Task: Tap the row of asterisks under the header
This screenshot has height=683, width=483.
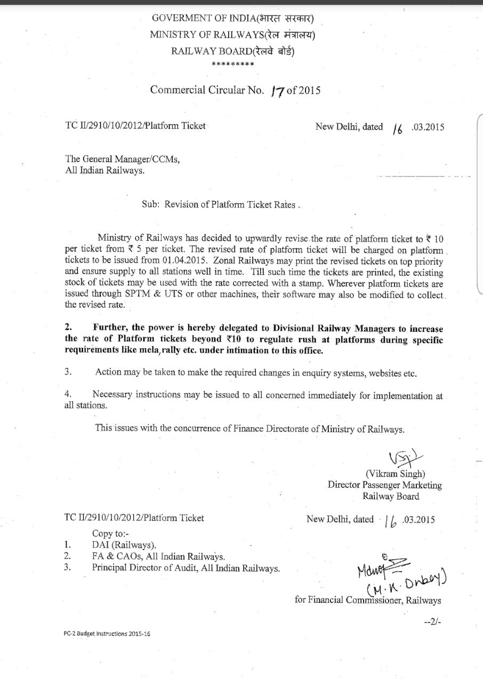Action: click(232, 65)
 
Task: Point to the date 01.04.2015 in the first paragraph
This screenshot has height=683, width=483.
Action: click(182, 260)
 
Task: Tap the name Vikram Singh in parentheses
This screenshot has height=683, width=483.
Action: click(395, 474)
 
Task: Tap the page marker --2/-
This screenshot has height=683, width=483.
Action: click(432, 622)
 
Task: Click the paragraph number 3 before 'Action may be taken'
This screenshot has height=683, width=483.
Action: click(68, 372)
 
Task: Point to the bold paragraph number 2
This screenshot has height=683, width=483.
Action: click(68, 328)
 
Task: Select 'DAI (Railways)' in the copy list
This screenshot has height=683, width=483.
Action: click(124, 545)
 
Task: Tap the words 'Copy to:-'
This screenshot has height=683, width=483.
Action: click(110, 533)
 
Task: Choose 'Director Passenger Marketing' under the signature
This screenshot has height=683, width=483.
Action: click(384, 485)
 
